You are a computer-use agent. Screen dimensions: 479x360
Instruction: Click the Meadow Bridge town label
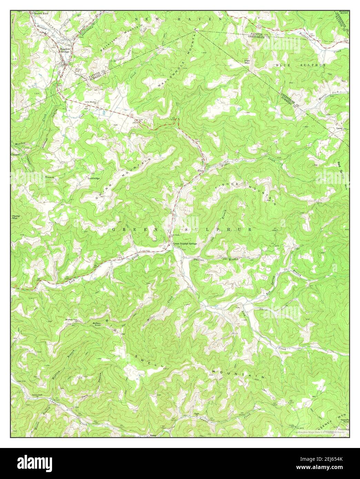[65, 50]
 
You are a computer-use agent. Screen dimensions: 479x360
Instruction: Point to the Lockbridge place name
[93, 178]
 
